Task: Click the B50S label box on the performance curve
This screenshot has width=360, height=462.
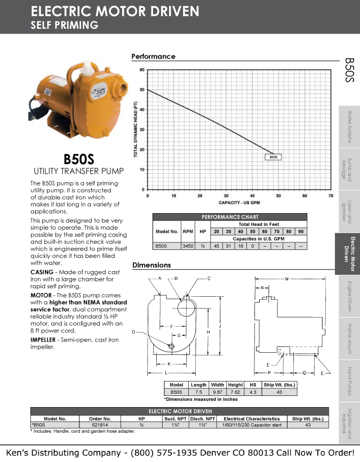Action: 274,157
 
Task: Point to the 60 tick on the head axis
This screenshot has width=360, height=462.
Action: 142,70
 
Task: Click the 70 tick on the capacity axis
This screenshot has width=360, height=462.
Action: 331,196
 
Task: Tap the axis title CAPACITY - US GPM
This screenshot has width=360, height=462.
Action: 239,203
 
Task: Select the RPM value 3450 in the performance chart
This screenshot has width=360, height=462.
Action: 188,246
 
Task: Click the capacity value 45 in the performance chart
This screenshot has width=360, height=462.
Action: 216,246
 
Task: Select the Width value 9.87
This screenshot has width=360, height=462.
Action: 218,392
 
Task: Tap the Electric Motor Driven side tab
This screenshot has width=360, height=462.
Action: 349,254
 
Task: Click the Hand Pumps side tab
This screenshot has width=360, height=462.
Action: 349,381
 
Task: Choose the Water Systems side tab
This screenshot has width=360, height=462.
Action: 349,127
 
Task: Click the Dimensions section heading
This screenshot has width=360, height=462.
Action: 151,265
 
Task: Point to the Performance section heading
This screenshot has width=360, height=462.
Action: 153,56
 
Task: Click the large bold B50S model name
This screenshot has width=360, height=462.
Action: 78,159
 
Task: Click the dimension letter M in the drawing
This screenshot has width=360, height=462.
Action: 287,279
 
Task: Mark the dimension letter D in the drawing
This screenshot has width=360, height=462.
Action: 133,332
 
